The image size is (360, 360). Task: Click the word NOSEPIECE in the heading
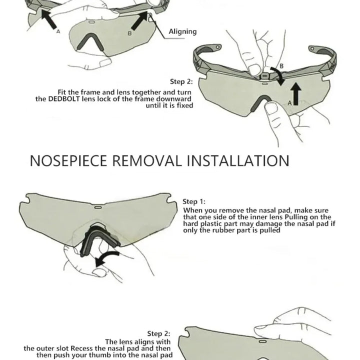pyautogui.click(x=68, y=160)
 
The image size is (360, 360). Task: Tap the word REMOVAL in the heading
pyautogui.click(x=147, y=160)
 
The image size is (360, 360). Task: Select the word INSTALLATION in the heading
pyautogui.click(x=238, y=160)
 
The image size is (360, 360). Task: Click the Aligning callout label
pyautogui.click(x=183, y=31)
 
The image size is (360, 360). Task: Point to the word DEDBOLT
pyautogui.click(x=64, y=99)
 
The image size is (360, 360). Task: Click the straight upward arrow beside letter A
pyautogui.click(x=296, y=93)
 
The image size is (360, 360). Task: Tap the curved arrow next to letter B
pyautogui.click(x=278, y=76)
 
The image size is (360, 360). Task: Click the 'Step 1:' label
pyautogui.click(x=194, y=201)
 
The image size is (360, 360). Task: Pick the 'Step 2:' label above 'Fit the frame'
pyautogui.click(x=181, y=81)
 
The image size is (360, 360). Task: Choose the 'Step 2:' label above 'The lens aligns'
pyautogui.click(x=158, y=333)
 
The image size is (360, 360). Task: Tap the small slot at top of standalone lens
pyautogui.click(x=98, y=207)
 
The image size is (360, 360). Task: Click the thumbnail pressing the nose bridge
pyautogui.click(x=271, y=107)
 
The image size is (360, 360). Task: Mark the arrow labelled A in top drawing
pyautogui.click(x=49, y=19)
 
